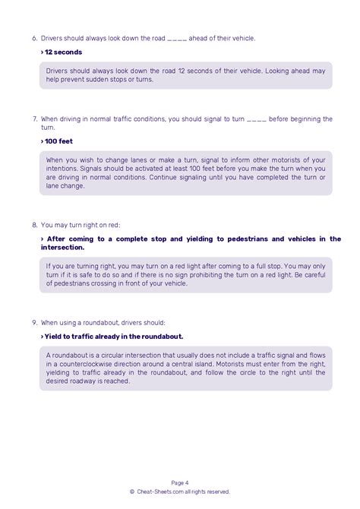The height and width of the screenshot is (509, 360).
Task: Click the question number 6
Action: coord(35,38)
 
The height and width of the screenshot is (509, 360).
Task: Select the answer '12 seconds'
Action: coord(63,52)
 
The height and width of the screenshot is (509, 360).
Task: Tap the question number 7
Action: coord(35,119)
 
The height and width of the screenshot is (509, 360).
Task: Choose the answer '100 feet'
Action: coord(62,141)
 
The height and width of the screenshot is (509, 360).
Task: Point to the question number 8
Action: coord(35,226)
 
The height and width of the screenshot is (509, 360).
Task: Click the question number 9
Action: coord(35,322)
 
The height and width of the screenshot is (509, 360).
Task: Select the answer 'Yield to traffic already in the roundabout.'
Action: coord(114,336)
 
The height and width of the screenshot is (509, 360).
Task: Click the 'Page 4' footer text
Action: coord(180,482)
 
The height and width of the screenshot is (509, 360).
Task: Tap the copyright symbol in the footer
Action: coord(132,492)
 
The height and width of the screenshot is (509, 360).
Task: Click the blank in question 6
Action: coord(176,39)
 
